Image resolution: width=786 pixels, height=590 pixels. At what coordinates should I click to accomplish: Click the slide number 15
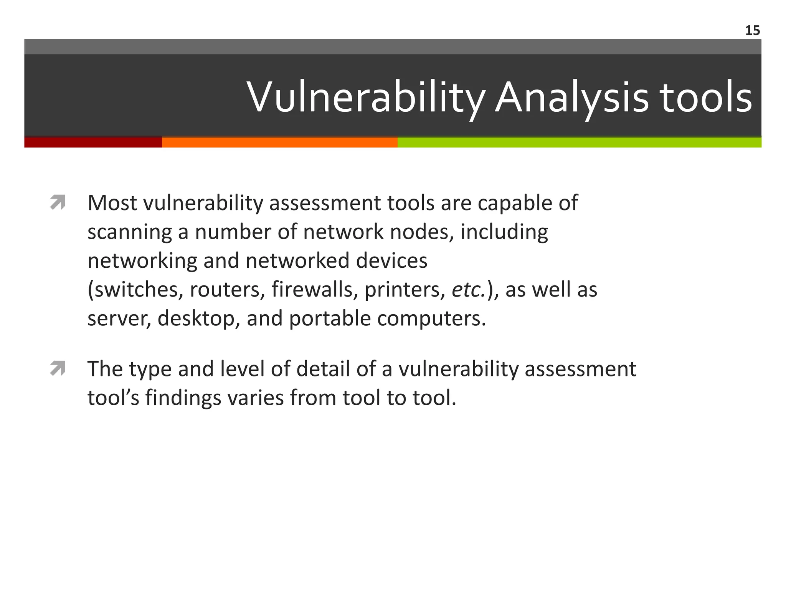[x=752, y=30]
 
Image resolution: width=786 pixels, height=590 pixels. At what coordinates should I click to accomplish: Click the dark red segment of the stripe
[x=93, y=143]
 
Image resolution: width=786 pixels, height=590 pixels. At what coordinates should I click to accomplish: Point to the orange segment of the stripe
[x=279, y=143]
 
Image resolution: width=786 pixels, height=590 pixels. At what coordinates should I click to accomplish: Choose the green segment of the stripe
[x=580, y=143]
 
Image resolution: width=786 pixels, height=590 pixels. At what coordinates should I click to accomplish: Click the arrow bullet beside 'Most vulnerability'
[x=58, y=202]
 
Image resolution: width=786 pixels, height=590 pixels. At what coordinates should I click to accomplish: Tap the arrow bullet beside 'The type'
[x=58, y=368]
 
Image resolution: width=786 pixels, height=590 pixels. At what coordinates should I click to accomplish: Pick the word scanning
[x=129, y=232]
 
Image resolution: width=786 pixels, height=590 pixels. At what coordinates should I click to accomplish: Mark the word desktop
[x=199, y=318]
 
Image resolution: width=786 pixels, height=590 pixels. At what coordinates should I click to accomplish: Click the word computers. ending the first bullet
[x=431, y=318]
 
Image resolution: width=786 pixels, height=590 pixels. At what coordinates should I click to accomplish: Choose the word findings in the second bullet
[x=183, y=398]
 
